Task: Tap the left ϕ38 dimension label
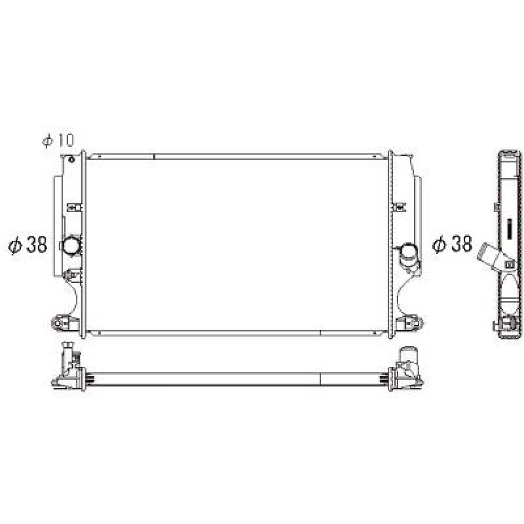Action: [28, 245]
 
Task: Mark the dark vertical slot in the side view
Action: [508, 229]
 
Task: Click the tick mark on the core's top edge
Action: [154, 156]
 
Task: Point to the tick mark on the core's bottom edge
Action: [320, 332]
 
